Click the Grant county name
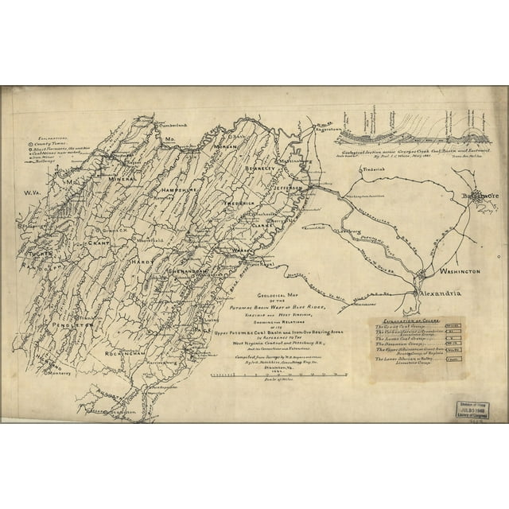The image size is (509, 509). tap(98, 241)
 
